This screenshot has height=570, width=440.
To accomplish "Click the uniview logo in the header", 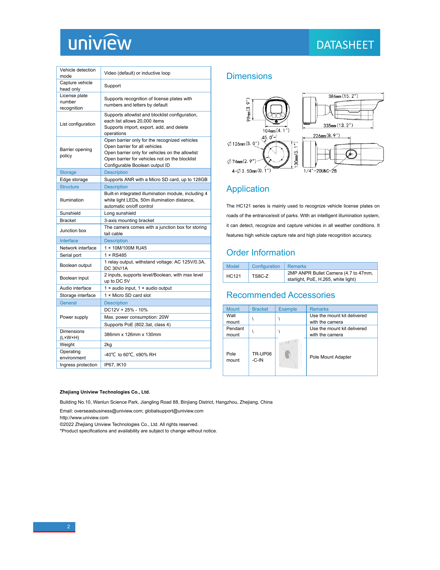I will click(x=100, y=42).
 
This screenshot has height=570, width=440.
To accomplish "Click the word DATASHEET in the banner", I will click(x=345, y=45).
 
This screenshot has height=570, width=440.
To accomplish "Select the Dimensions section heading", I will click(x=249, y=76).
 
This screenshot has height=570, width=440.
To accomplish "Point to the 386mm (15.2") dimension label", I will click(x=343, y=96).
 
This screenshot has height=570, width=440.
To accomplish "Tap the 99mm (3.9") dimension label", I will click(x=248, y=110).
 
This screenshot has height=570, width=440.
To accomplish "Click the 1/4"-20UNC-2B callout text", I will click(x=320, y=171).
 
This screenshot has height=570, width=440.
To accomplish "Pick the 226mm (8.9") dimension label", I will click(x=326, y=136).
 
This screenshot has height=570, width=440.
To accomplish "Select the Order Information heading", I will click(x=260, y=252).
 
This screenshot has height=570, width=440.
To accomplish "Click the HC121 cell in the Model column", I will click(x=233, y=276).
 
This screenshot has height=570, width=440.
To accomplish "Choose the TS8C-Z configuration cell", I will click(x=260, y=276).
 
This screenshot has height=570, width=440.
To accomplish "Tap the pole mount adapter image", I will click(x=290, y=354).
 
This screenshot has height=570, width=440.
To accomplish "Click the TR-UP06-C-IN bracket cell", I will click(x=262, y=357).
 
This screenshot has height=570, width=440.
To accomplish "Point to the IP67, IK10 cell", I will click(x=115, y=365).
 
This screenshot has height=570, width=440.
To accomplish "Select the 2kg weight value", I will click(x=108, y=345).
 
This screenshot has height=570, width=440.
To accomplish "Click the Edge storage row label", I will click(x=74, y=179).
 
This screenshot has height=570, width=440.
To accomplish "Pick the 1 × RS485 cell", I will click(x=115, y=255).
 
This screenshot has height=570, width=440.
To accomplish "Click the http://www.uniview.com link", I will click(x=84, y=418).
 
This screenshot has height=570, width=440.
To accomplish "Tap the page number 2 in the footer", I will click(x=69, y=526).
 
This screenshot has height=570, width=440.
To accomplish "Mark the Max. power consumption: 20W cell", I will click(x=136, y=317).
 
